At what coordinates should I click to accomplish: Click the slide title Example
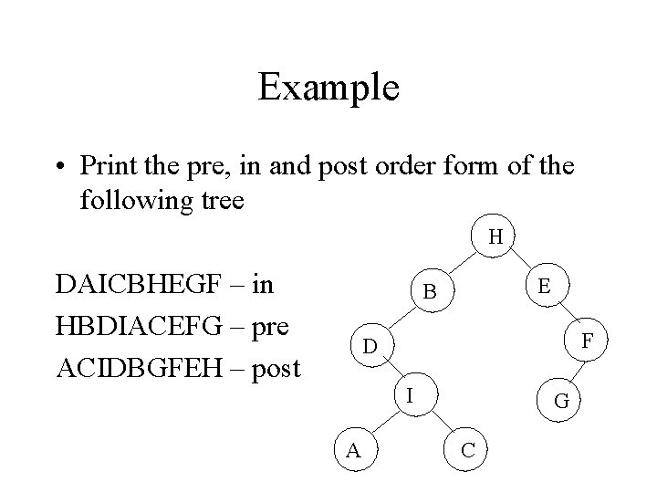[328, 89]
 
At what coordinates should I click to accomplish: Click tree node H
[495, 237]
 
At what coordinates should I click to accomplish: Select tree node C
[466, 449]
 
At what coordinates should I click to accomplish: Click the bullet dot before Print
[60, 167]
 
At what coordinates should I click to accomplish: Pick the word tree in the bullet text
[220, 199]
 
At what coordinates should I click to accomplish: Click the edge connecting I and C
[440, 423]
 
